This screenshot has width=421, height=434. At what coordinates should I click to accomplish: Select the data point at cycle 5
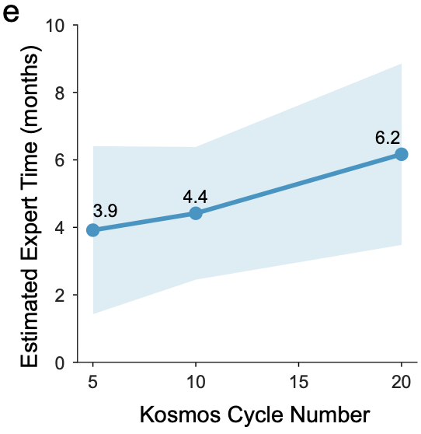93,229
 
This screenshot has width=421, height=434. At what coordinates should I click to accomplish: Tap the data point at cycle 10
196,213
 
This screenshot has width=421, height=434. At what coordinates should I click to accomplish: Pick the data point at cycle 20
401,154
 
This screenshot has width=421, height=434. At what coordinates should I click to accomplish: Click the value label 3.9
106,210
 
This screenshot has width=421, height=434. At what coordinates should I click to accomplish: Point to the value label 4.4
196,194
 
